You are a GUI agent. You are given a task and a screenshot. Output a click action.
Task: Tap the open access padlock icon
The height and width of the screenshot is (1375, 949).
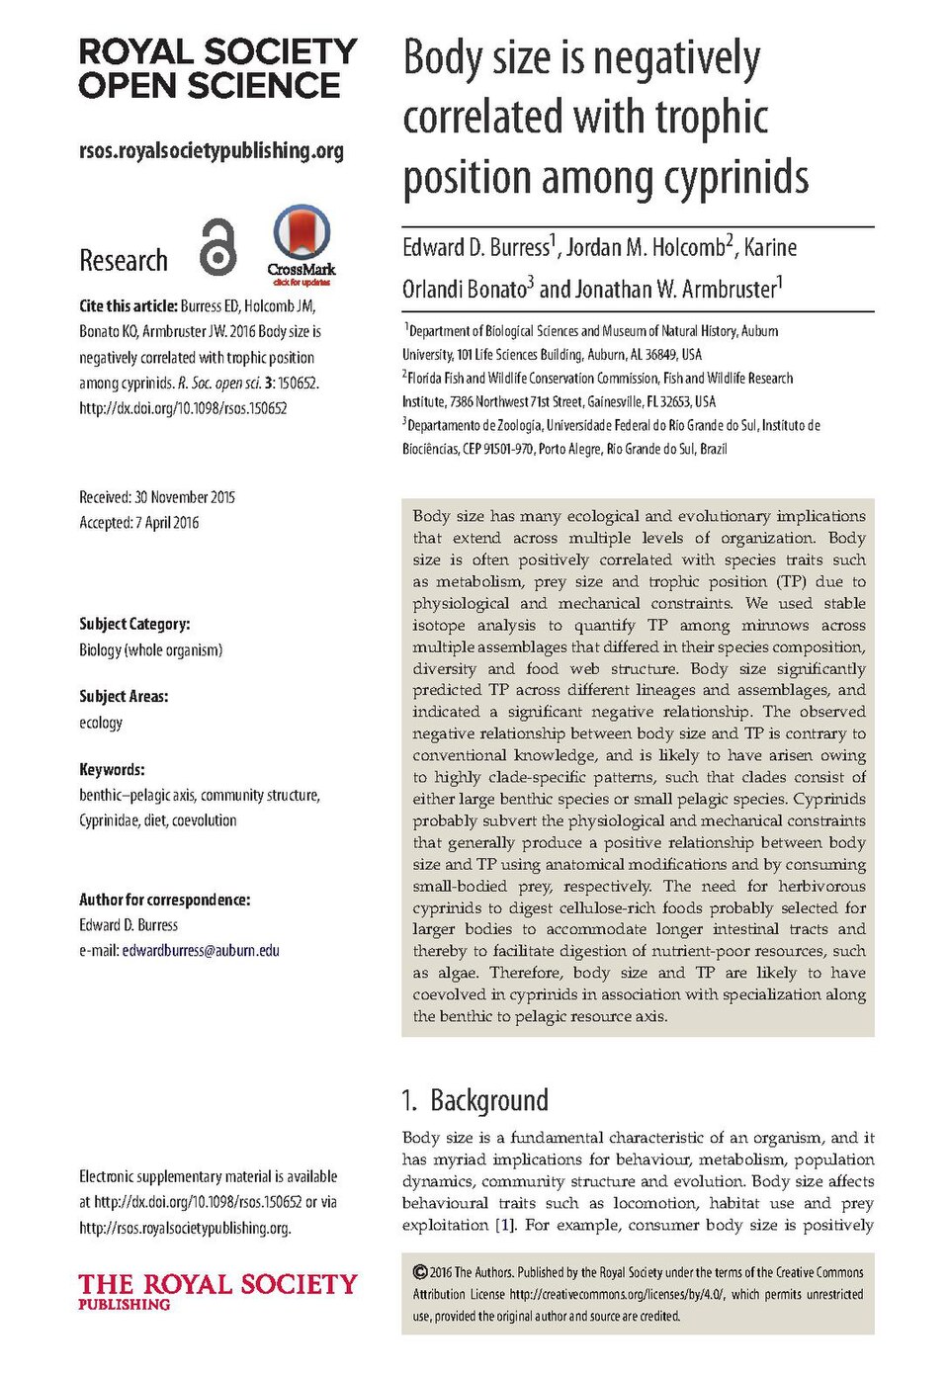coord(218,247)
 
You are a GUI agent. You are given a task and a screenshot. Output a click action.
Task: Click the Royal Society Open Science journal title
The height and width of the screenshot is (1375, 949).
coord(217,68)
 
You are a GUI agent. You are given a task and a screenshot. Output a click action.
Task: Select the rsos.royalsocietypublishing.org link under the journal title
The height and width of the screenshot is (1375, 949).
coord(212,151)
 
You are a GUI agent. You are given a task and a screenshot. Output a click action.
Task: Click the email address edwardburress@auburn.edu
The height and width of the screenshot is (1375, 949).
coord(201,951)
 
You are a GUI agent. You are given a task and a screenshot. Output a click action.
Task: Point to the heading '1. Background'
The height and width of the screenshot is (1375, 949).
coord(474,1100)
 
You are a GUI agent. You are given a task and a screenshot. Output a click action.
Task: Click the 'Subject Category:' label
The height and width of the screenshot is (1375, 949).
coord(134,624)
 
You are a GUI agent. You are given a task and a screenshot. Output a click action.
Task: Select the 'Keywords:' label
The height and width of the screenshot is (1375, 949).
coord(112,769)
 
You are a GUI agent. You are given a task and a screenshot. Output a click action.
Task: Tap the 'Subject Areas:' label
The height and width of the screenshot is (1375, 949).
coord(124,697)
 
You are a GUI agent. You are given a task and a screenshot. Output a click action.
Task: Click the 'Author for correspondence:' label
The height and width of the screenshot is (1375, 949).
coord(164,900)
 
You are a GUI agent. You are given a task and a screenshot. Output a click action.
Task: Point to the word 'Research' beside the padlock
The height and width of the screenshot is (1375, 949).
coord(124,261)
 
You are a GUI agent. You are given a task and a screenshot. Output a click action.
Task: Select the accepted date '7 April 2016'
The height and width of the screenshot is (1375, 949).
coord(167,523)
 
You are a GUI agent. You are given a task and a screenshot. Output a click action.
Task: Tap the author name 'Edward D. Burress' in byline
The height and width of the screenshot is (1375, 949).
coord(475,248)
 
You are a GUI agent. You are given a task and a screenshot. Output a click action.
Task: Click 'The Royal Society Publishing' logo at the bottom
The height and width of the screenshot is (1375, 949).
coord(217,1290)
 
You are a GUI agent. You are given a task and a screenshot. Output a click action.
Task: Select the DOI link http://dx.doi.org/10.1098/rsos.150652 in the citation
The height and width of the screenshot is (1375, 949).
coord(183,408)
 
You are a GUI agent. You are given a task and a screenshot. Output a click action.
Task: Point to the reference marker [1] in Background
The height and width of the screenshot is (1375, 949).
coord(505,1226)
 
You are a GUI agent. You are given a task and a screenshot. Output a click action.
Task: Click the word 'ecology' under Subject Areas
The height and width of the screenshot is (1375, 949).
coord(101,723)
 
